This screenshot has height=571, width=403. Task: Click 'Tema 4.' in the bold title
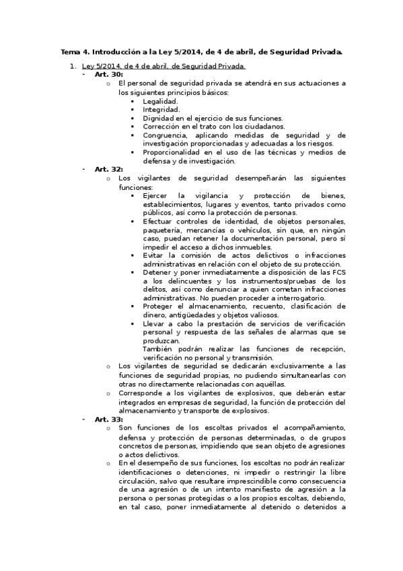(75, 51)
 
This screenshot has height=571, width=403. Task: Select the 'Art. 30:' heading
(108, 75)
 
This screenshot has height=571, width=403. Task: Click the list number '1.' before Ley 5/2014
(73, 66)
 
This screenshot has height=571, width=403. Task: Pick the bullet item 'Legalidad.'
(160, 100)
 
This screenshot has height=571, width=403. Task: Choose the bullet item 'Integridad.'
(161, 109)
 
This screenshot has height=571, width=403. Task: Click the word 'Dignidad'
(159, 118)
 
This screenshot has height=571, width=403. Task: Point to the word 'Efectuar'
(157, 221)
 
